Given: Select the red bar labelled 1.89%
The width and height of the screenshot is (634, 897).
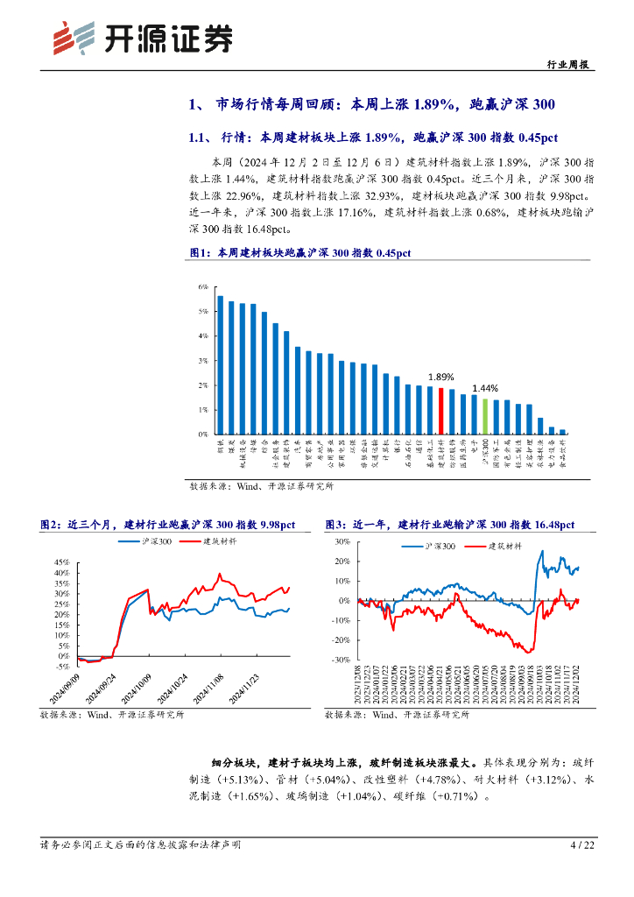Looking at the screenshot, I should [440, 411].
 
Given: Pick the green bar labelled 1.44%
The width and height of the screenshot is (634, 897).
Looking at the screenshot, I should [485, 416].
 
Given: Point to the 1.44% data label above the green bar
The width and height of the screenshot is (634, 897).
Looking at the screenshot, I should [485, 388].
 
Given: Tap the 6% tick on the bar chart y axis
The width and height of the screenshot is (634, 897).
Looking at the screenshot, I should [202, 287].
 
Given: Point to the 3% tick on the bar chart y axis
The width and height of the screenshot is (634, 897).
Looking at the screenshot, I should [202, 361].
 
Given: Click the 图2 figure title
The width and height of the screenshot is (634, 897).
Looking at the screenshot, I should [167, 525].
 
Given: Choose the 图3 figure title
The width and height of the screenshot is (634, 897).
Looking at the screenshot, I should [449, 525].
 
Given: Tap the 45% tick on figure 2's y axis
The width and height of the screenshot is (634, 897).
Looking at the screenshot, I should [62, 562].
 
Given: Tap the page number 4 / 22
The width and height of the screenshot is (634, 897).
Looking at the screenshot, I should [582, 845].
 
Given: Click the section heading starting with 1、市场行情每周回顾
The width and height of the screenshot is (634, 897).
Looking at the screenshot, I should [372, 106].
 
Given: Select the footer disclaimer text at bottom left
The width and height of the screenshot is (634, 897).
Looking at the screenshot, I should [140, 845].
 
